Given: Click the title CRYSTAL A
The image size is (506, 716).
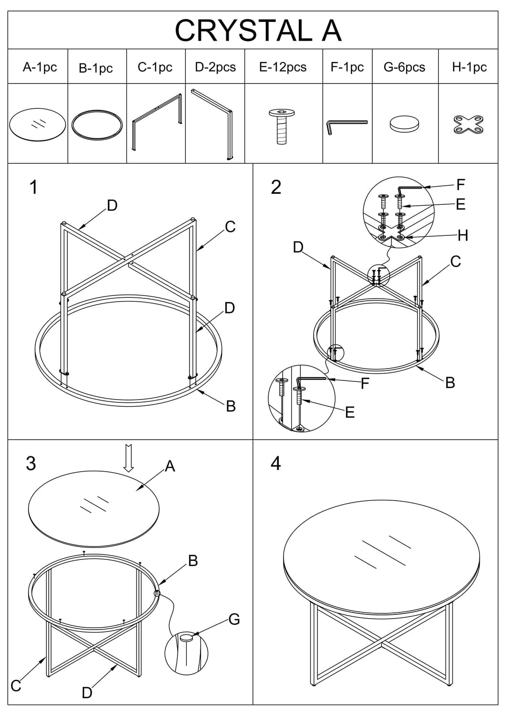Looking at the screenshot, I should click(258, 30).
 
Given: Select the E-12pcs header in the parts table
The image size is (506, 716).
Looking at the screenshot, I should click(283, 67).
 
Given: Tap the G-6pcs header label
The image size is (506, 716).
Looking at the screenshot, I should click(404, 67).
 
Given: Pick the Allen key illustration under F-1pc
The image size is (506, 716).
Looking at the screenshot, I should click(347, 126).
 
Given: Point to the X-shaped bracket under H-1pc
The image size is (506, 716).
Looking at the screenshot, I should click(468, 125).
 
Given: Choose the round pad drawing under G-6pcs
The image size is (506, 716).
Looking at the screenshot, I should click(404, 125).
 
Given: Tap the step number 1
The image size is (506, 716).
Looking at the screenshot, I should click(33, 187).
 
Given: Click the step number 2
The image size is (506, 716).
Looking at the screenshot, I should click(276, 187).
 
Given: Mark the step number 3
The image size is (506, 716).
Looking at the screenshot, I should click(31, 463).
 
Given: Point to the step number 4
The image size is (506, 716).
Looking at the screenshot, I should click(276, 463).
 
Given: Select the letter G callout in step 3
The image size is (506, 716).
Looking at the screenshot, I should click(234, 619).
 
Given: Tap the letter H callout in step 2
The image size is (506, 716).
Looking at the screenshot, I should click(462, 235).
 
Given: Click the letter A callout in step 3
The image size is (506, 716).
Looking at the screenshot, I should click(170, 466).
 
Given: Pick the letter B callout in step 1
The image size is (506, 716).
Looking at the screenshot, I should click(231, 406).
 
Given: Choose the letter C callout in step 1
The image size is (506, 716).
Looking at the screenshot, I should click(230, 227).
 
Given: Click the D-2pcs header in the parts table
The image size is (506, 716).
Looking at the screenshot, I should click(215, 67).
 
